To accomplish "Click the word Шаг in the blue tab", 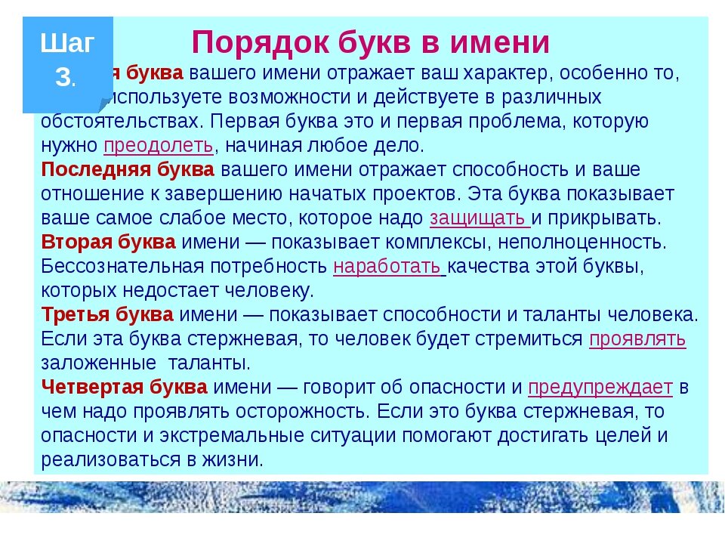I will pyautogui.click(x=67, y=44).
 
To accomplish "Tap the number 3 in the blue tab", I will pyautogui.click(x=64, y=76).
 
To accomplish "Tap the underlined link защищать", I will pyautogui.click(x=480, y=218).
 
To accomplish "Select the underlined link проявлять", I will pyautogui.click(x=637, y=338).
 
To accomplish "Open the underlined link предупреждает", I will pyautogui.click(x=600, y=388).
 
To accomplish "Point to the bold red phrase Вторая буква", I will pyautogui.click(x=109, y=243).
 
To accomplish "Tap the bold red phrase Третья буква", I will pyautogui.click(x=107, y=314).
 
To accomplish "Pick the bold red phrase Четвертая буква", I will pyautogui.click(x=124, y=388).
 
